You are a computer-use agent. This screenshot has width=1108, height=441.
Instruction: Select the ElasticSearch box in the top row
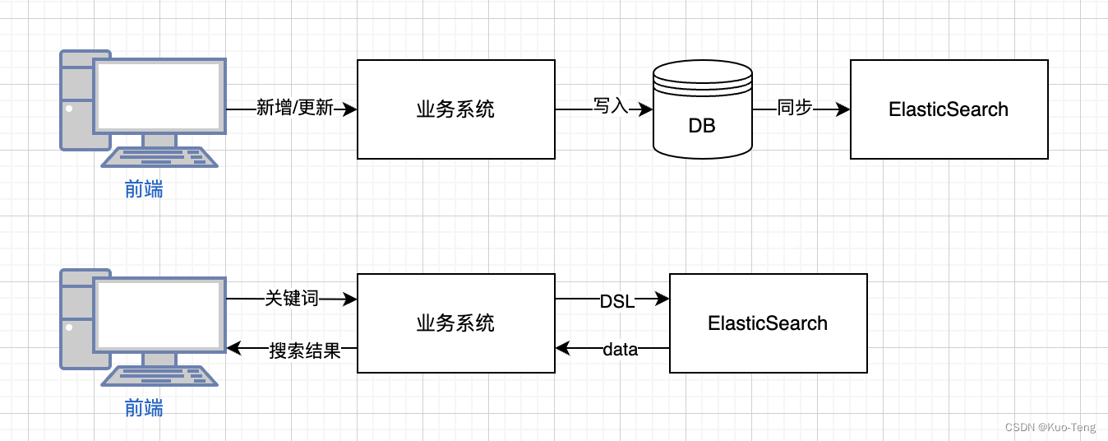[x=949, y=109]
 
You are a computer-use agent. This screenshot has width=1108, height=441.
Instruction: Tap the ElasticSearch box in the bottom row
[x=768, y=323]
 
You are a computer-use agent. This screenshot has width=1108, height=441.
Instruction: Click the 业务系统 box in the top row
[x=455, y=109]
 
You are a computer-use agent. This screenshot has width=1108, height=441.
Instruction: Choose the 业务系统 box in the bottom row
[x=455, y=323]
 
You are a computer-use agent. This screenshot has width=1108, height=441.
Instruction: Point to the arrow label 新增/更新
[x=294, y=108]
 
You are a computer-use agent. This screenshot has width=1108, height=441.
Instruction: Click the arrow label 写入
[x=611, y=106]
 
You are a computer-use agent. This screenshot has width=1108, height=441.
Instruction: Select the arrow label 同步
[x=794, y=108]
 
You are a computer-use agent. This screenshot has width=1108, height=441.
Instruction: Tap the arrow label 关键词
[x=292, y=299]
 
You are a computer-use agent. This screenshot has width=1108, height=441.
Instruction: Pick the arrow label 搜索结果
[x=305, y=350]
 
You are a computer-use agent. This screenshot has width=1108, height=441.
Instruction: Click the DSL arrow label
[x=616, y=301]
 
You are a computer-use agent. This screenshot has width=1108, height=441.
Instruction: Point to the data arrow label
[x=621, y=350]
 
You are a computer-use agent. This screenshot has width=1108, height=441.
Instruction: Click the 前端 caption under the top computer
[x=144, y=189]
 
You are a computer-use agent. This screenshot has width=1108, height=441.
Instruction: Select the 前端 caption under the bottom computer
[x=144, y=408]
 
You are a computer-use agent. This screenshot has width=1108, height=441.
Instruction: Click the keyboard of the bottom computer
[x=159, y=376]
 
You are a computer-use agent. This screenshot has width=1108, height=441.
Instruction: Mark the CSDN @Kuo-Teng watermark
[x=1050, y=427]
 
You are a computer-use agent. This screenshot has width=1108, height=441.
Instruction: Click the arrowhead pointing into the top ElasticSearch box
[x=843, y=109]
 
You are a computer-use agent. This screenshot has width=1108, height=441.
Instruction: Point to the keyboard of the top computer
[x=159, y=157]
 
